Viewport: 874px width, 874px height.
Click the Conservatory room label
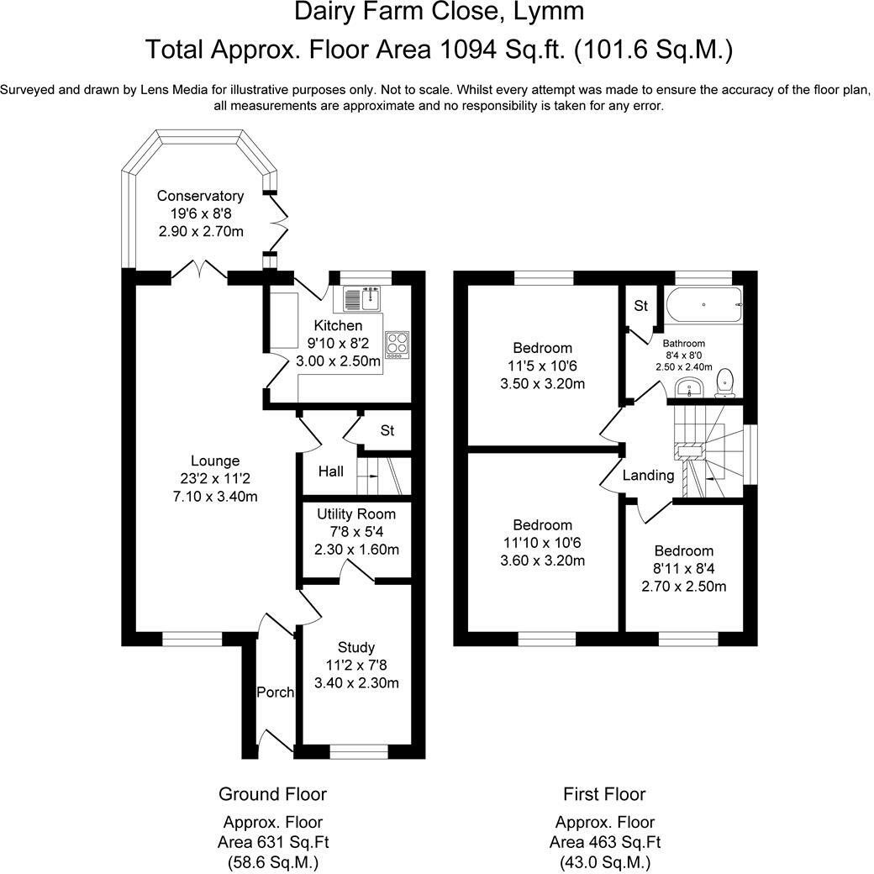click(x=200, y=196)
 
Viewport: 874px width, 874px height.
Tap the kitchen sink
click(x=361, y=298)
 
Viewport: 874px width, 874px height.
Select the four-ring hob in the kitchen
click(x=397, y=345)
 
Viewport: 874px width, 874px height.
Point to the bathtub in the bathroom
click(x=703, y=304)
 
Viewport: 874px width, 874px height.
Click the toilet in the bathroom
click(x=725, y=383)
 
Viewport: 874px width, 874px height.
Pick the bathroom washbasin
click(x=690, y=387)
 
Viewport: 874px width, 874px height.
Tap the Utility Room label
click(x=356, y=514)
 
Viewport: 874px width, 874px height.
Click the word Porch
click(x=276, y=692)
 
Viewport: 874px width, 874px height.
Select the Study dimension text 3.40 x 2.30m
click(x=356, y=682)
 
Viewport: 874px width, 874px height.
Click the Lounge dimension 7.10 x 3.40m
click(x=215, y=496)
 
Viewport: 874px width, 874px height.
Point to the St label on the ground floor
click(x=387, y=430)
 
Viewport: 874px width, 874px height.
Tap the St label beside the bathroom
click(x=641, y=305)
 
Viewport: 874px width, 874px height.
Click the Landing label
click(x=648, y=476)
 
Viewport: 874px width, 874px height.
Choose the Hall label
click(x=331, y=471)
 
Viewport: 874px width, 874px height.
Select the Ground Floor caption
click(x=272, y=793)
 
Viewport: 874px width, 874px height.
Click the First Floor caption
click(x=605, y=793)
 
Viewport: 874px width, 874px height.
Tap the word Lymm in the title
click(x=549, y=12)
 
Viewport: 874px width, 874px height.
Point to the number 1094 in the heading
click(x=468, y=50)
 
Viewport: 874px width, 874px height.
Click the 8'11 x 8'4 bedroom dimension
click(x=684, y=569)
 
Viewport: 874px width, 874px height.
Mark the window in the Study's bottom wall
click(x=359, y=752)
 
